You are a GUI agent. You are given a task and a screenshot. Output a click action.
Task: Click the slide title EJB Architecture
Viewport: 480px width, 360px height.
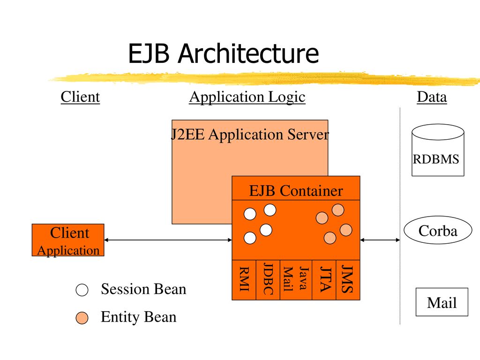224,53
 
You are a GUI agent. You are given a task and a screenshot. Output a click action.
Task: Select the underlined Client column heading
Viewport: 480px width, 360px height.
80,97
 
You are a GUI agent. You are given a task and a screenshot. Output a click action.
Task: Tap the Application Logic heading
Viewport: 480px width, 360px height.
247,97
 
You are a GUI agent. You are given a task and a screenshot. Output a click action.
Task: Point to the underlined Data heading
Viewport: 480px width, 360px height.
432,97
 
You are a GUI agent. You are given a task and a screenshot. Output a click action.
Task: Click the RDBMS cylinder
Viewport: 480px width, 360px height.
438,150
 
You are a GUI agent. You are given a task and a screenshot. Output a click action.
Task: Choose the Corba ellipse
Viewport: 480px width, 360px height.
438,230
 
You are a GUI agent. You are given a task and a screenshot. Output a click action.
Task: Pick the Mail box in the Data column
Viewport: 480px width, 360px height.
442,302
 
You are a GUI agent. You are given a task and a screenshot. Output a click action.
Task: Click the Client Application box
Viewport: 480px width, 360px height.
68,240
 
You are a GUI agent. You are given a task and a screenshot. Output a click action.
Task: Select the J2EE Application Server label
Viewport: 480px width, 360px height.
250,134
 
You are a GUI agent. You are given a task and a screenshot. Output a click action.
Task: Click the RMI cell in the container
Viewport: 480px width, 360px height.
244,280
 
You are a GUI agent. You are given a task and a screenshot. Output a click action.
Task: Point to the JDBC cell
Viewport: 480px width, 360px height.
268,280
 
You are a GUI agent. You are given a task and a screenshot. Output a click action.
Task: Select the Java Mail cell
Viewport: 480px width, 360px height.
296,280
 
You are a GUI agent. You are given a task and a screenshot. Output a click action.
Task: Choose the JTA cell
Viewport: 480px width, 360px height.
324,280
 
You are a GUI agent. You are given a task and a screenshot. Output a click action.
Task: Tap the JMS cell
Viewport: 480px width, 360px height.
348,280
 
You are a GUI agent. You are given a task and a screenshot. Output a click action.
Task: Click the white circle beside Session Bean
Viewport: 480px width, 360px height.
82,290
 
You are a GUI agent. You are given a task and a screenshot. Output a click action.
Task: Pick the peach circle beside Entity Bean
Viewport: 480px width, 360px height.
82,318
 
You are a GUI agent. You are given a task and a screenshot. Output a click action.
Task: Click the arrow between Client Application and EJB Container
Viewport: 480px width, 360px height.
168,240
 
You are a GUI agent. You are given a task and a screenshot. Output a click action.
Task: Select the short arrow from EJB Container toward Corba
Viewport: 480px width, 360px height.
380,240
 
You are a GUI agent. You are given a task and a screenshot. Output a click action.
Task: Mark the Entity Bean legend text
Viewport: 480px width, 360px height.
139,317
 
